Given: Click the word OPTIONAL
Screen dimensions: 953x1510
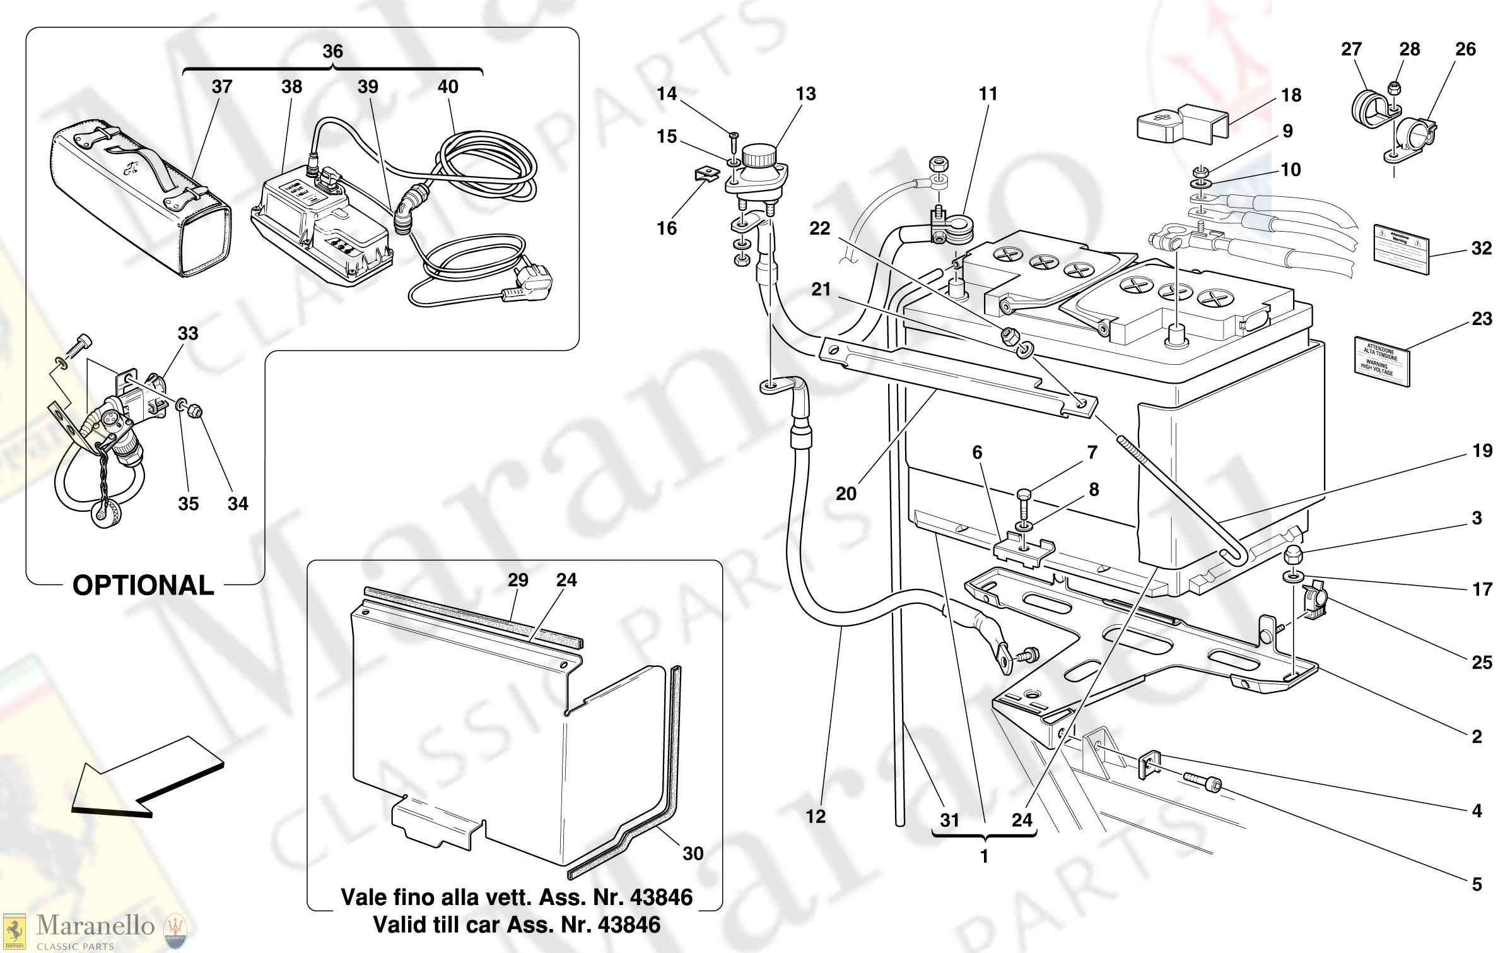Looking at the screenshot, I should tap(143, 585).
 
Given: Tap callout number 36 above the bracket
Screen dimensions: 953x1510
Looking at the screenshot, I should tap(332, 51).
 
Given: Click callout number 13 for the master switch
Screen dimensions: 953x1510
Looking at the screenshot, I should tap(805, 94).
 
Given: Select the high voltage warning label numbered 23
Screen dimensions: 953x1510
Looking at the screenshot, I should tap(1381, 360).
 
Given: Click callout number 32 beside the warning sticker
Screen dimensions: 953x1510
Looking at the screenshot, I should tap(1481, 248).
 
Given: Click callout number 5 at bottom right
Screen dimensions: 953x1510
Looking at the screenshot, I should tap(1477, 884).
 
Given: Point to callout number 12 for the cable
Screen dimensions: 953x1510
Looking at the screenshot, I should tap(816, 816).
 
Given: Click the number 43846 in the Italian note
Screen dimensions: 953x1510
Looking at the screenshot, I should tap(661, 897).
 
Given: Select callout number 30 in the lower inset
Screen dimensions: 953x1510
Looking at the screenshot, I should tap(693, 853).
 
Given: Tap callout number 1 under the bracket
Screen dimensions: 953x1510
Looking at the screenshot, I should tap(984, 856).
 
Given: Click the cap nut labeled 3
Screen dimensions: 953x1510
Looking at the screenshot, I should tap(1292, 555).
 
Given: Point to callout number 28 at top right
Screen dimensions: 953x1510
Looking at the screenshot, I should tap(1409, 49).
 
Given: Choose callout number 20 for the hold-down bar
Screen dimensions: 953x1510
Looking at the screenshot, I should tap(846, 494).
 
